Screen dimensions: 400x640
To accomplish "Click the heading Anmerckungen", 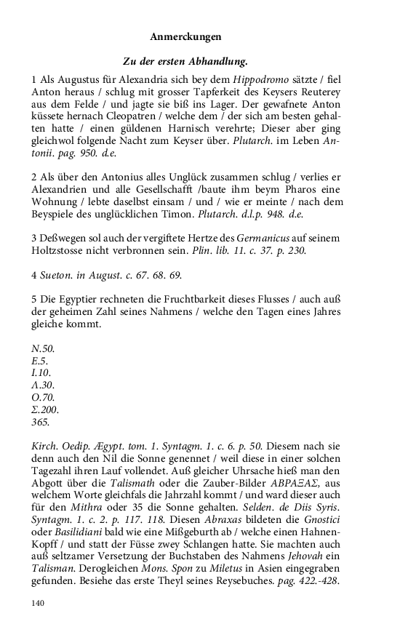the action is (185, 36).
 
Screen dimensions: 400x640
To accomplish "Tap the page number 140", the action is (39, 602).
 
